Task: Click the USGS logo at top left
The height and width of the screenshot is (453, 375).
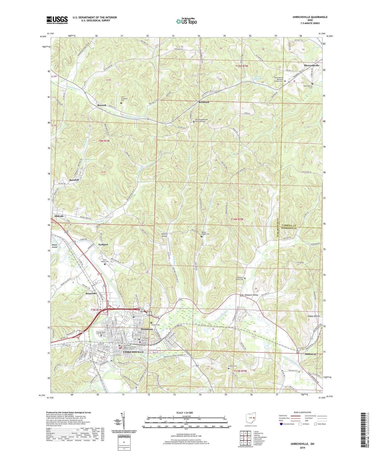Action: pos(57,20)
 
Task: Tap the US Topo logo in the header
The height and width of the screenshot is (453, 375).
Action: pos(186,21)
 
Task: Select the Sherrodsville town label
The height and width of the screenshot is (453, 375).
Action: pos(311,65)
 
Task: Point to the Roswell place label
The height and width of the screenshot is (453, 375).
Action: pos(102,105)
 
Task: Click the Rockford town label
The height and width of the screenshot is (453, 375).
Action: pos(204,102)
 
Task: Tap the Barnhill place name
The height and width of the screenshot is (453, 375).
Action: pos(74,180)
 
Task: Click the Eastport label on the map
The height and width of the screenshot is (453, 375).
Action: pos(103,244)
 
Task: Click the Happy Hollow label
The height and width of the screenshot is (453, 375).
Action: pos(314,316)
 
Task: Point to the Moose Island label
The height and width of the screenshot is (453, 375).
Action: pos(54,246)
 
